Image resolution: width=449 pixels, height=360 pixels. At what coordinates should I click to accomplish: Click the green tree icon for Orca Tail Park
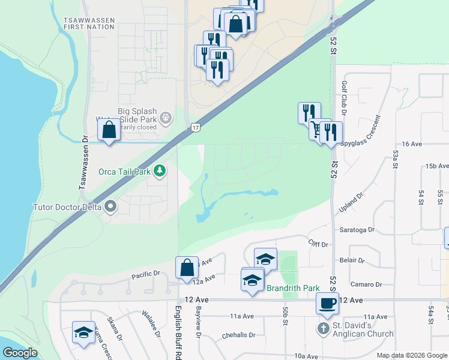coord(159,172)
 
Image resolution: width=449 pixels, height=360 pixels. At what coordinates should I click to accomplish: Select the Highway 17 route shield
coord(196,127)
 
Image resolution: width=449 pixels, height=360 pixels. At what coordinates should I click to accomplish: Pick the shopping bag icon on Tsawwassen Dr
coord(109,130)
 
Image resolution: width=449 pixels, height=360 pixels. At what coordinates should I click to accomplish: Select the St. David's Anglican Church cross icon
coord(323,328)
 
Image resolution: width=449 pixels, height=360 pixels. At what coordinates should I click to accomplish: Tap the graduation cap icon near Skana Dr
coord(83,332)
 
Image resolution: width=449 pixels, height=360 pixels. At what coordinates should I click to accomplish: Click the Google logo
coord(20,353)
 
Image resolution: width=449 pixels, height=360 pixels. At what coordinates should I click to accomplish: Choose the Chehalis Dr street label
coord(239,336)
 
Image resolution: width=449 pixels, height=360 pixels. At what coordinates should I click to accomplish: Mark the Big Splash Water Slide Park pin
coord(167,118)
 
